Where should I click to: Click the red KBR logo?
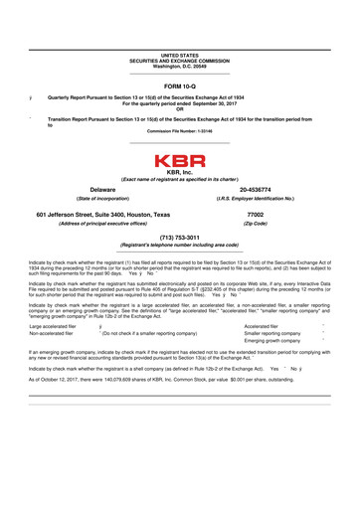click(180, 160)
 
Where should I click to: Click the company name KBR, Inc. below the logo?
click(180, 172)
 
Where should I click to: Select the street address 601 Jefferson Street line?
click(102, 215)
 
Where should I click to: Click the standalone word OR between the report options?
click(180, 108)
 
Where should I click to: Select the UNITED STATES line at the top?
click(180, 56)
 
